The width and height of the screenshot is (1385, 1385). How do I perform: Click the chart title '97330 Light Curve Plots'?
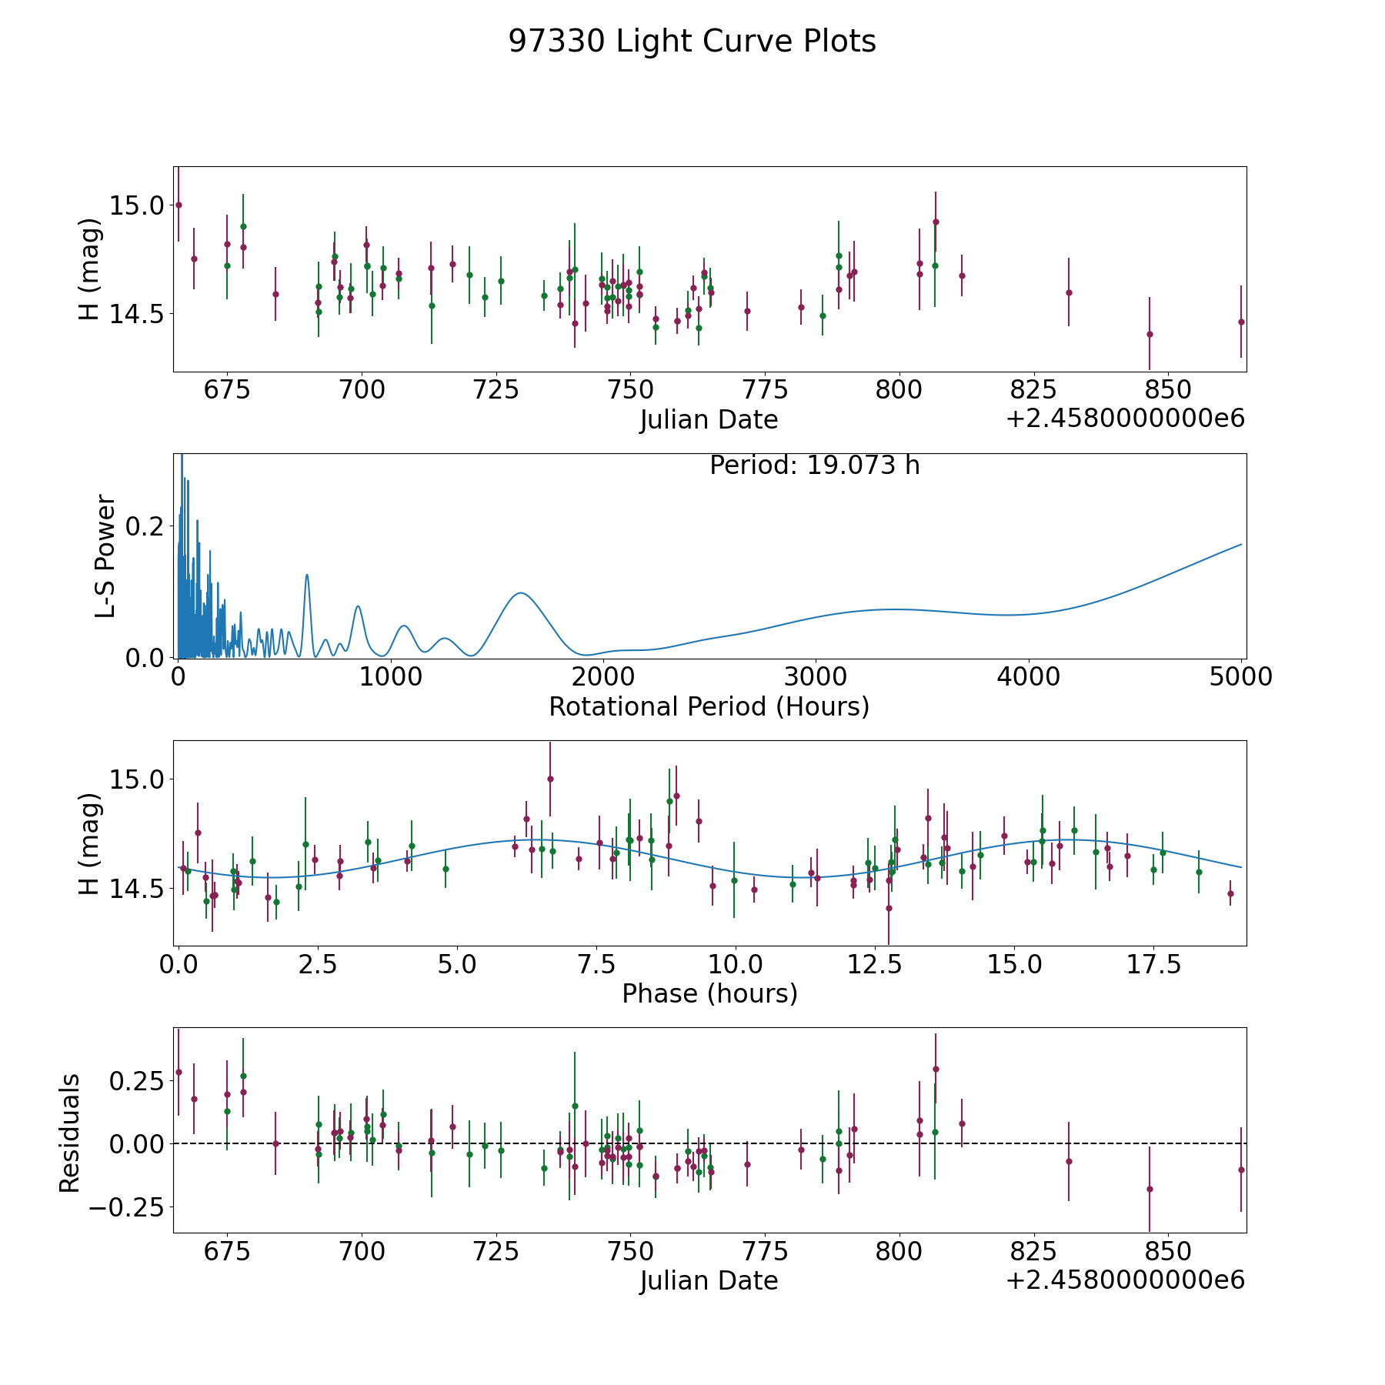[x=692, y=42]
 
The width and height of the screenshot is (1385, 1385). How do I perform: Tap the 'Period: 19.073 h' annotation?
[x=814, y=466]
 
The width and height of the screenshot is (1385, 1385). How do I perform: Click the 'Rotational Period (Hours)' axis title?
[x=709, y=706]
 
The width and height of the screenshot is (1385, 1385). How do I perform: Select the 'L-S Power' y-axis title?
[x=105, y=556]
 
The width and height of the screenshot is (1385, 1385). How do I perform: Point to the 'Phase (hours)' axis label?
[x=709, y=993]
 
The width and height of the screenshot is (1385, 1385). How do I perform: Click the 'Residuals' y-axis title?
[x=69, y=1133]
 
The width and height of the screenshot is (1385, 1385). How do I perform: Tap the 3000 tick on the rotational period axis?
[x=816, y=677]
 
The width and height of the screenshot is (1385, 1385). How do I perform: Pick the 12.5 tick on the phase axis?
[x=875, y=965]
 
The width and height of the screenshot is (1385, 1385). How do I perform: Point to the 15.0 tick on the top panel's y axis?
[x=137, y=206]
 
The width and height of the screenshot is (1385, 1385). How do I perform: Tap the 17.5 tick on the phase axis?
[x=1153, y=965]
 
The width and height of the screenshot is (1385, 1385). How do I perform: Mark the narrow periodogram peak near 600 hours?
[x=307, y=575]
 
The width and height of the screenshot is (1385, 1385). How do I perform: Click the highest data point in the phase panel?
[x=550, y=779]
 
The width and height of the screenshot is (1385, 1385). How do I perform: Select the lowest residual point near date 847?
[x=1150, y=1189]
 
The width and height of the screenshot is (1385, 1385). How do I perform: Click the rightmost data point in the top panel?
[x=1241, y=322]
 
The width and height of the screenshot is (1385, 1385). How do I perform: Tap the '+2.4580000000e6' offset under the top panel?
[x=1125, y=419]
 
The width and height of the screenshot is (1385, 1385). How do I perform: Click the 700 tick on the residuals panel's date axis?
[x=362, y=1252]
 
